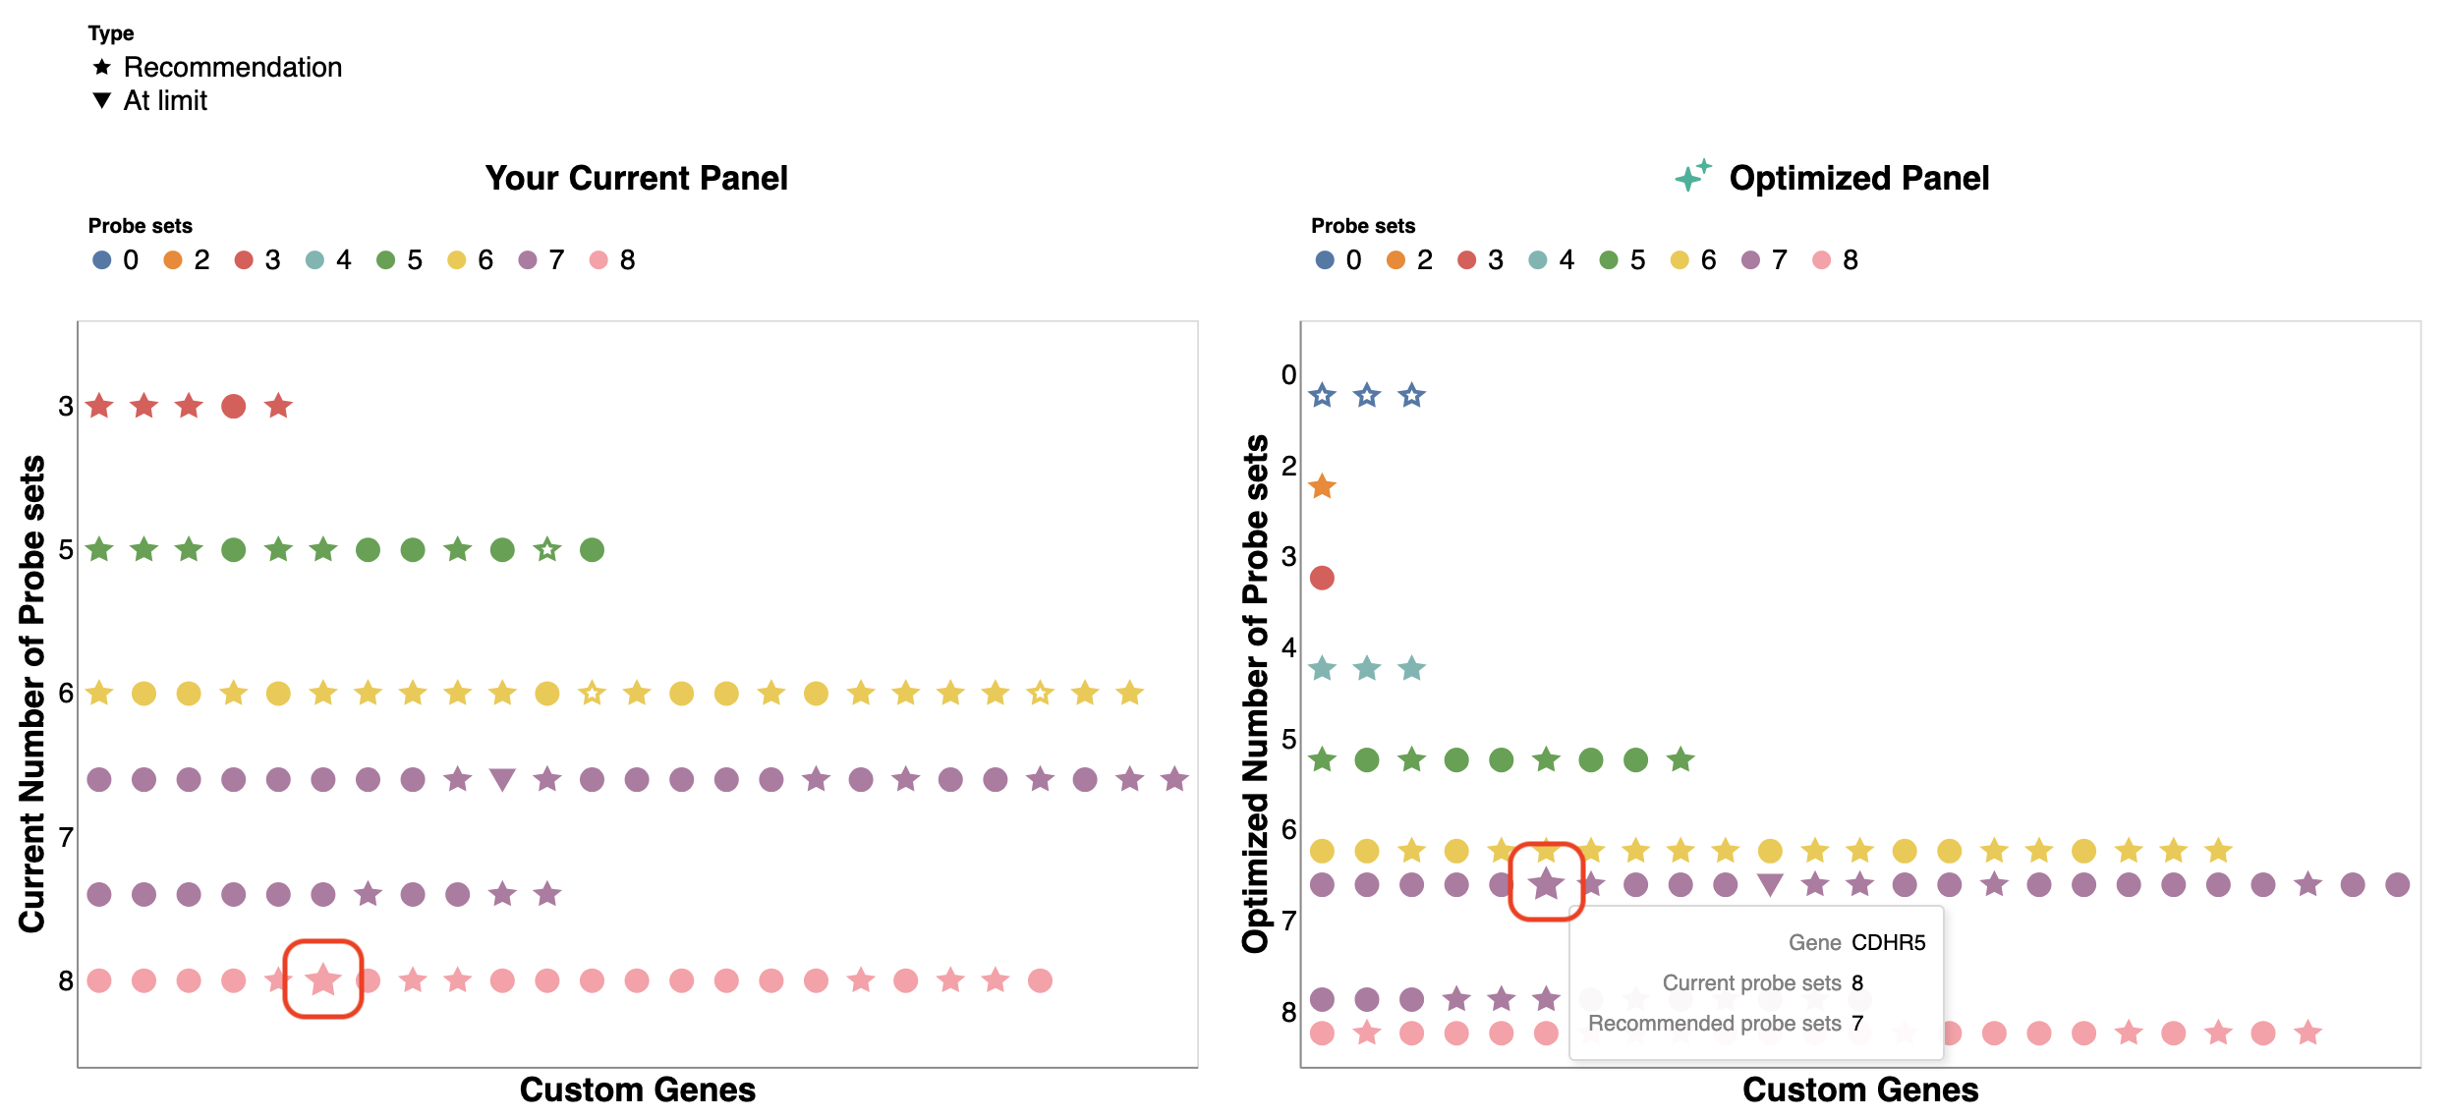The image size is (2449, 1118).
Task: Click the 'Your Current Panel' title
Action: pyautogui.click(x=636, y=178)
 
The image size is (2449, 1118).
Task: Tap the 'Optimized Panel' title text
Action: pyautogui.click(x=1858, y=178)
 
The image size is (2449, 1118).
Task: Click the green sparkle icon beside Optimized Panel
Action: pyautogui.click(x=1692, y=175)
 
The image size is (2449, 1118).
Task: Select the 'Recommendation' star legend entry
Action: pyautogui.click(x=217, y=67)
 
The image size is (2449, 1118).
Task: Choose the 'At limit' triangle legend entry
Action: pyautogui.click(x=150, y=100)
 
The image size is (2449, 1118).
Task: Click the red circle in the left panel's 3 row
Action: pyautogui.click(x=233, y=406)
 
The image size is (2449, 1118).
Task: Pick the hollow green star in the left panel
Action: pyautogui.click(x=547, y=550)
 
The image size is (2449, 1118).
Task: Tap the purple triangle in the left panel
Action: pyautogui.click(x=502, y=780)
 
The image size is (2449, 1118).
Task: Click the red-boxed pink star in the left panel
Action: pyautogui.click(x=323, y=979)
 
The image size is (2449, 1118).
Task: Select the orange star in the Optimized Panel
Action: pyautogui.click(x=1322, y=486)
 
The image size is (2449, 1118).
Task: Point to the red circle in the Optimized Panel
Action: pyautogui.click(x=1322, y=578)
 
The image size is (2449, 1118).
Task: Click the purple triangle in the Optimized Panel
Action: pyautogui.click(x=1770, y=885)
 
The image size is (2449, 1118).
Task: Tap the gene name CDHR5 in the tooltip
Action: pyautogui.click(x=1888, y=942)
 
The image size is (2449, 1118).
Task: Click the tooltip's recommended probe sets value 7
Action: pyautogui.click(x=1856, y=1023)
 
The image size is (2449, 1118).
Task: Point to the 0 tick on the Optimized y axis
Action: pyautogui.click(x=1288, y=374)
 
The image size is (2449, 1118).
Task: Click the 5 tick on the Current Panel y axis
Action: pyautogui.click(x=66, y=549)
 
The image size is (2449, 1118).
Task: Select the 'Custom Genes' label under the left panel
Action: pyautogui.click(x=637, y=1090)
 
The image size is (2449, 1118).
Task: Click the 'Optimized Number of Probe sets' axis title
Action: pyautogui.click(x=1255, y=694)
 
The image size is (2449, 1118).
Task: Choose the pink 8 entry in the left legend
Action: pyautogui.click(x=612, y=259)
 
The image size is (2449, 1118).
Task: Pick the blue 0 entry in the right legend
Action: pyautogui.click(x=1338, y=259)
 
